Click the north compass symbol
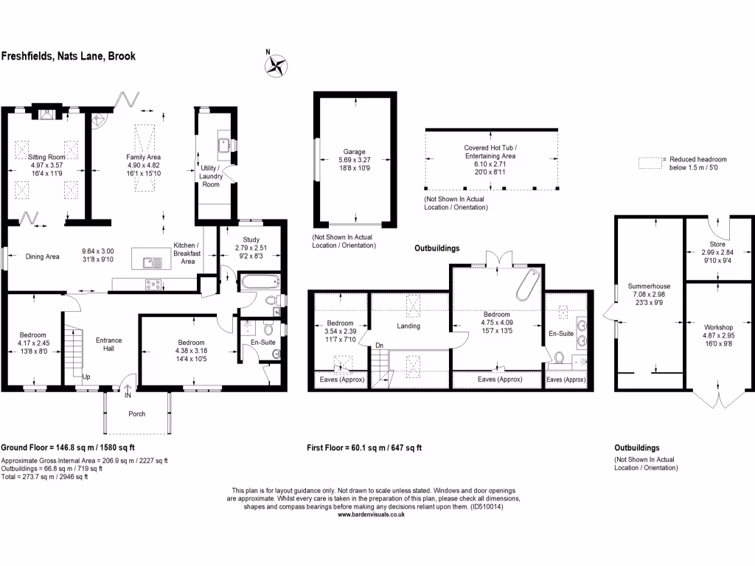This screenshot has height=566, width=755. click(x=275, y=65)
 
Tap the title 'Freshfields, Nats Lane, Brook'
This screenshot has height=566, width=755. click(x=69, y=56)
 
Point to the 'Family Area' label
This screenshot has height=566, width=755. click(x=143, y=157)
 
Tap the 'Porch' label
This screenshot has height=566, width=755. click(x=137, y=413)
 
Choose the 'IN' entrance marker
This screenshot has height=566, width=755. click(x=128, y=396)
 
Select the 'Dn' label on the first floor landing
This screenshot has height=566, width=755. click(x=379, y=345)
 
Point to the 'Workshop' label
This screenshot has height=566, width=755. click(x=717, y=326)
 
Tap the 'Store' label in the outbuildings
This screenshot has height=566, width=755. click(x=717, y=244)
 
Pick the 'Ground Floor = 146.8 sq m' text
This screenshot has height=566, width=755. click(x=68, y=447)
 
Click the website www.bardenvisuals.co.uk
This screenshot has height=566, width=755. click(x=372, y=515)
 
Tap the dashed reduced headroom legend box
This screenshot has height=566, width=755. click(x=650, y=159)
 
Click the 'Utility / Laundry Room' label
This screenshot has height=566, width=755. click(x=211, y=176)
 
